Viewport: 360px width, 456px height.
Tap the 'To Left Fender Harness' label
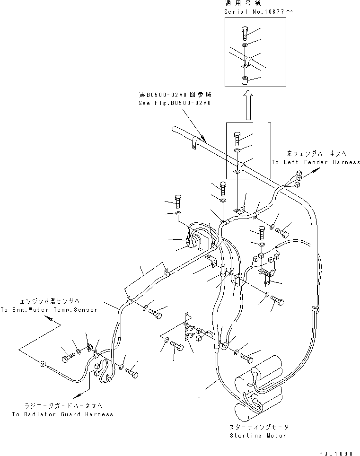coord(316,162)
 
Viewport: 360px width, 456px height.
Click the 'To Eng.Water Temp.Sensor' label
coord(49,310)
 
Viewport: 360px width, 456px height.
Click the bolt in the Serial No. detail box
coord(245,33)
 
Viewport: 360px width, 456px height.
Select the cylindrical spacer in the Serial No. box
coord(245,80)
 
